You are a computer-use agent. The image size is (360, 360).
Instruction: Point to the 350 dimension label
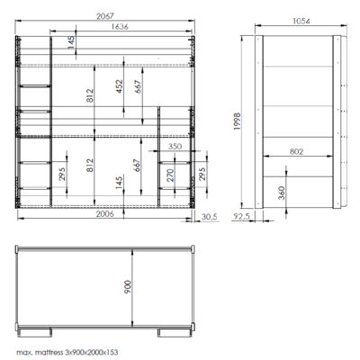[175, 146]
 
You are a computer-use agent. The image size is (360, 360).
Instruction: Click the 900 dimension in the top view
[128, 287]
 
